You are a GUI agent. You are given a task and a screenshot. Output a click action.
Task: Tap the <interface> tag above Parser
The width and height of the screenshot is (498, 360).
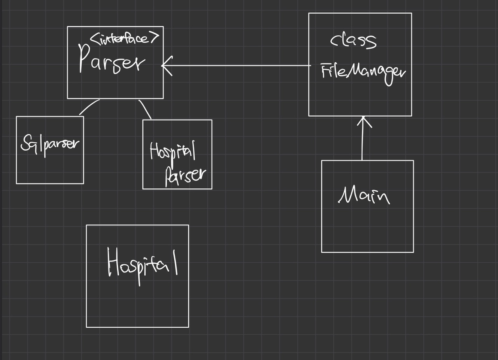[x=124, y=39]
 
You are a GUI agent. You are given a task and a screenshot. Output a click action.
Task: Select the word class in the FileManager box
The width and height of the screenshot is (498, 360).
[x=353, y=40]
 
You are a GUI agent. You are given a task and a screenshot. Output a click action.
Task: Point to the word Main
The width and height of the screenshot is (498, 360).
[x=363, y=195]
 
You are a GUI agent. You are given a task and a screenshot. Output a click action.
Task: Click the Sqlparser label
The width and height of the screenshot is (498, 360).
[x=50, y=145]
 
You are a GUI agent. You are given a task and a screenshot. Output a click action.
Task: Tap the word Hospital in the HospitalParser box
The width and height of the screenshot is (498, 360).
[x=172, y=152]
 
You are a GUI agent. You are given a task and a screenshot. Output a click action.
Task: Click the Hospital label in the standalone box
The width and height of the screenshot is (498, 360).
[x=142, y=265]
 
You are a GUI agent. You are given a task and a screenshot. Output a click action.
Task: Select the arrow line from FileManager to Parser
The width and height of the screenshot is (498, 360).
[x=237, y=65]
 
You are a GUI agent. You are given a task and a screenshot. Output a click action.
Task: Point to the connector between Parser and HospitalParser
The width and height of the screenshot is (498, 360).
[x=145, y=109]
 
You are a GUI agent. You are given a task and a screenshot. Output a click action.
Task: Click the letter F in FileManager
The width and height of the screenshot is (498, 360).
[x=325, y=72]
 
